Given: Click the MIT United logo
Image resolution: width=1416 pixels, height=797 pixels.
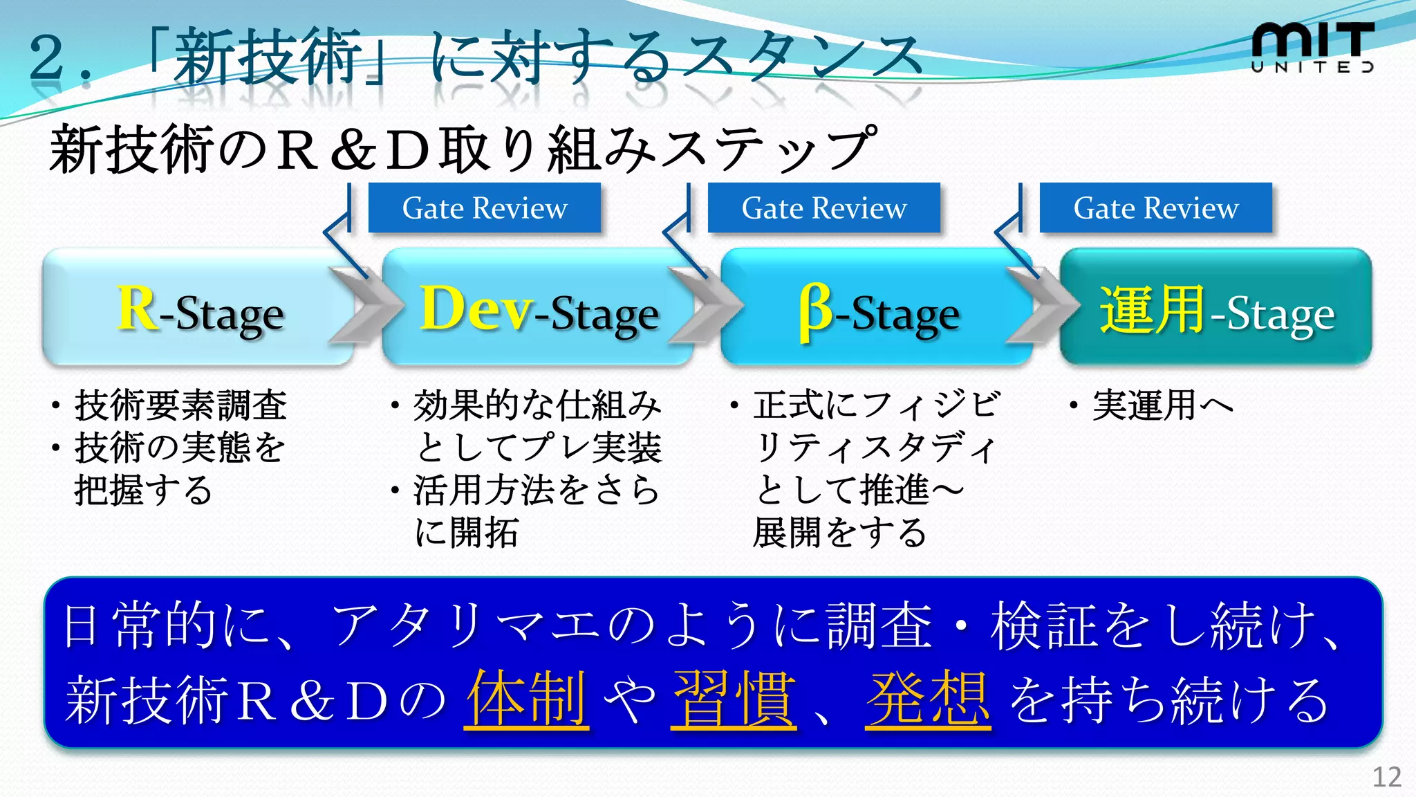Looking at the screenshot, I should [x=1312, y=47].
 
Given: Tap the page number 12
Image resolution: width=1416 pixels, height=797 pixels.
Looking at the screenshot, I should [x=1386, y=777].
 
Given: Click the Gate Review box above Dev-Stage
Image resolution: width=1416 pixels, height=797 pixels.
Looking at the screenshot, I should [x=484, y=208].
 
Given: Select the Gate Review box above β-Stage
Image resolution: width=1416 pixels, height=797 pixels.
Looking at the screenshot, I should [x=823, y=208].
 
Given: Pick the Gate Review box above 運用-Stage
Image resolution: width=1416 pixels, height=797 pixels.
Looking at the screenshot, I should [x=1155, y=208].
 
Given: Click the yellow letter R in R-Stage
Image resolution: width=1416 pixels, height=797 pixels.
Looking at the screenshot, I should [x=137, y=309].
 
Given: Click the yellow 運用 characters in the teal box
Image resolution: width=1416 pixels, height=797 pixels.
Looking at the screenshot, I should [x=1152, y=310].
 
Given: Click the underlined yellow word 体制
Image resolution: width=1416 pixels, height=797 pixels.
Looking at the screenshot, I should [x=527, y=699].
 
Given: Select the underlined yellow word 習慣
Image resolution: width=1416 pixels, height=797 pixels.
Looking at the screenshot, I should [x=733, y=699].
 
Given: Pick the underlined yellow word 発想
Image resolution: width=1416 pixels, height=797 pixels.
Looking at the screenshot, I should [x=927, y=699].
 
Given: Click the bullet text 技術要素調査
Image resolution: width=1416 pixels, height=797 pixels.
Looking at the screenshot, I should [x=180, y=405].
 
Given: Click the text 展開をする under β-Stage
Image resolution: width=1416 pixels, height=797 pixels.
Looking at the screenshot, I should [x=839, y=533].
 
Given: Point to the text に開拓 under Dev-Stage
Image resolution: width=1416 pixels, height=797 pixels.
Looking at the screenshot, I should [x=466, y=533].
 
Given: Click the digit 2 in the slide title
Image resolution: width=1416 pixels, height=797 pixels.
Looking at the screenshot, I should [x=47, y=57].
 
